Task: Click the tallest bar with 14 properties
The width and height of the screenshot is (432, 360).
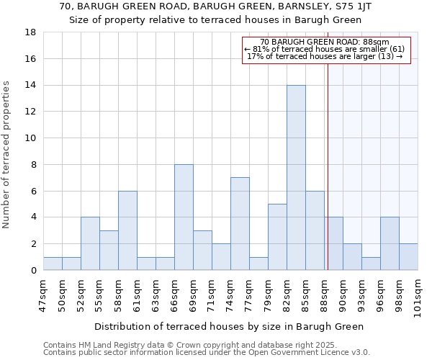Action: (x=296, y=178)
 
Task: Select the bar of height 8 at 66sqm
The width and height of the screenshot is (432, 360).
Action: (x=184, y=217)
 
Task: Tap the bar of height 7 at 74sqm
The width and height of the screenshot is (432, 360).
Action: (x=240, y=224)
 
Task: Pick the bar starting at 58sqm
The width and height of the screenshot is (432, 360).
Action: (x=127, y=230)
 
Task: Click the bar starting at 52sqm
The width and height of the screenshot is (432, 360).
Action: (x=90, y=243)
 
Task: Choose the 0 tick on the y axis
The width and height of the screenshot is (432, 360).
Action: (x=33, y=271)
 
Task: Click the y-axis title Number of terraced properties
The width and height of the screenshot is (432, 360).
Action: (x=7, y=155)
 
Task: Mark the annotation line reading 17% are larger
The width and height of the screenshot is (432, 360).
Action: (x=325, y=56)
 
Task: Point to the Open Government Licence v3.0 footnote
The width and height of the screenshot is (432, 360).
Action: (x=207, y=352)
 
